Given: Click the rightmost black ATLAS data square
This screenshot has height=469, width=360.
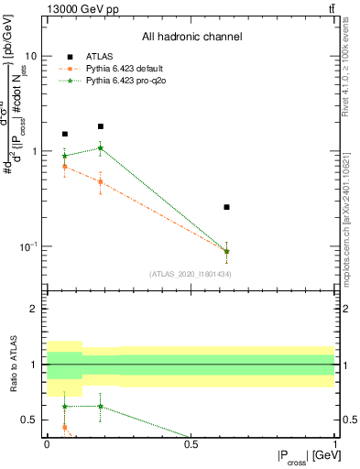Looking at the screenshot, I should (226, 207).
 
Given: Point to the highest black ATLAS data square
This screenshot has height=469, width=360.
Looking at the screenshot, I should (100, 126).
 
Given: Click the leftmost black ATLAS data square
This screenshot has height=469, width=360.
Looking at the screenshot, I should (64, 134).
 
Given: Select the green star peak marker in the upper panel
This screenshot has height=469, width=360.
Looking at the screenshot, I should (100, 147).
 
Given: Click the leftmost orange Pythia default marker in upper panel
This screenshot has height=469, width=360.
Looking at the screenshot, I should (64, 166).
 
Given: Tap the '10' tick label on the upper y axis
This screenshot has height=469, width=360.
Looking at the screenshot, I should (29, 55).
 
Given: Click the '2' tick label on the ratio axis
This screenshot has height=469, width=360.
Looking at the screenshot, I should (35, 309).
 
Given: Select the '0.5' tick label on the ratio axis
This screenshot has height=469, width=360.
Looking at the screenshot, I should (29, 420).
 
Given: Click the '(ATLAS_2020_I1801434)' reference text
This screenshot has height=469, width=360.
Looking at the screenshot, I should (190, 273).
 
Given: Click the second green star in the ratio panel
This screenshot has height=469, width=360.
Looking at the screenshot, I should (100, 406).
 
